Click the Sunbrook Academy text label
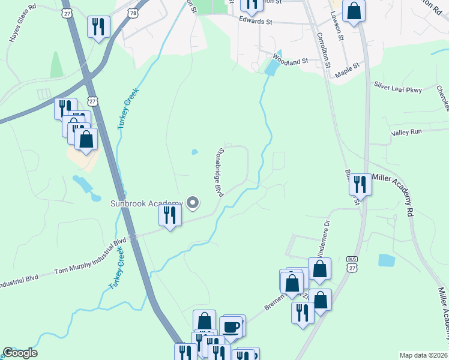[x=146, y=203]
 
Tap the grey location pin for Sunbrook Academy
[x=193, y=204]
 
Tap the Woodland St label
[x=289, y=59]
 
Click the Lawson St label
[x=337, y=27]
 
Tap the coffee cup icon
[x=232, y=327]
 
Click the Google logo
[x=20, y=353]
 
